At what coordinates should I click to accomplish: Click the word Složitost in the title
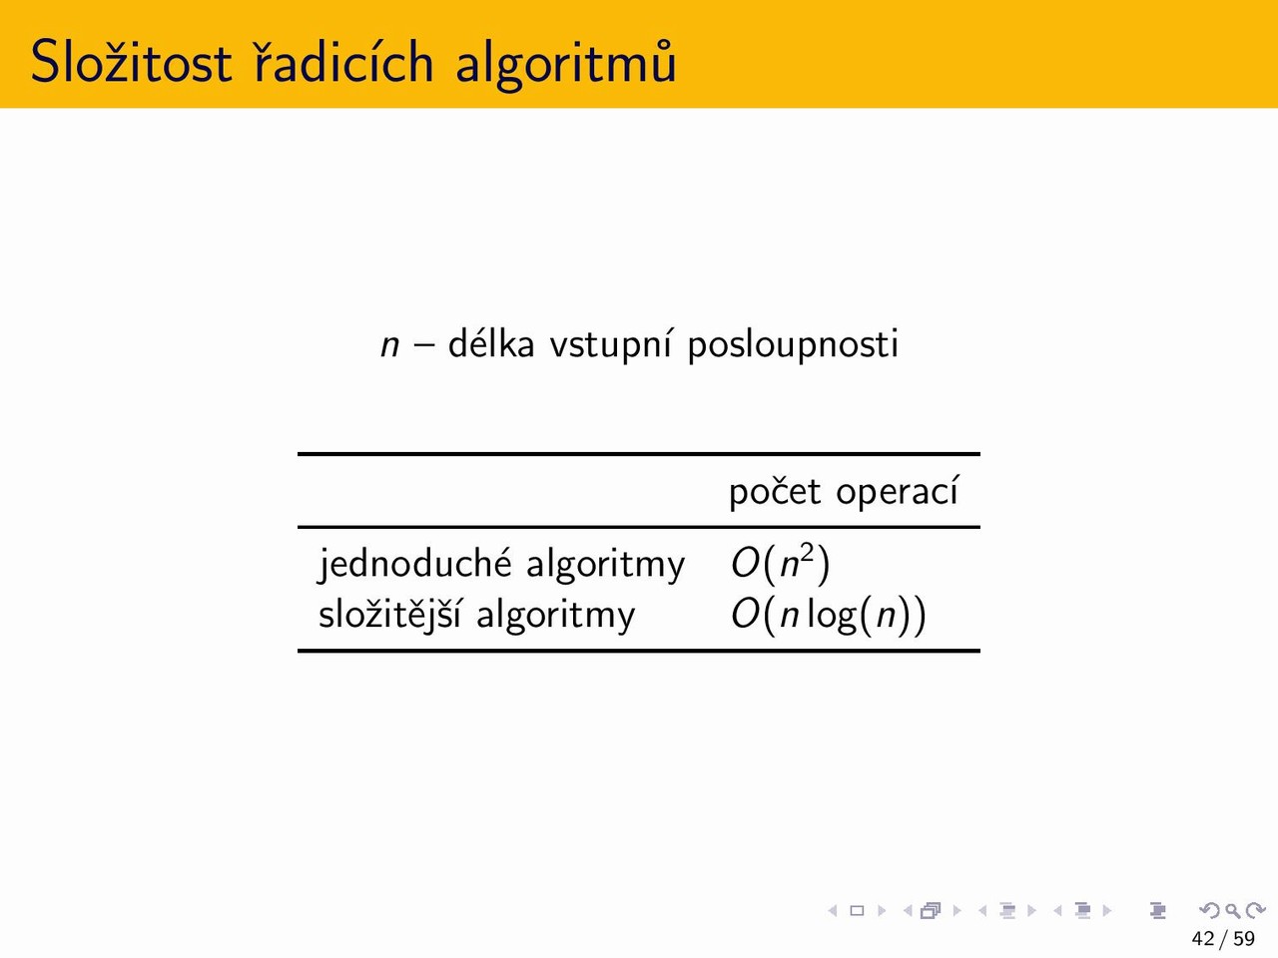point(131,61)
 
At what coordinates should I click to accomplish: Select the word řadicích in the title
point(344,60)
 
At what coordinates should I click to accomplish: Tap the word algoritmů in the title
point(566,64)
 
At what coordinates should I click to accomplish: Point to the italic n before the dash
point(389,345)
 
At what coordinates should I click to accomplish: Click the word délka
point(491,343)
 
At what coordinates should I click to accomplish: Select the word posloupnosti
point(793,345)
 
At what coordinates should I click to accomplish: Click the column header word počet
point(775,492)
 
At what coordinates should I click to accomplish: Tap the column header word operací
point(897,492)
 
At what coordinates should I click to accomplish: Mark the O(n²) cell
point(780,564)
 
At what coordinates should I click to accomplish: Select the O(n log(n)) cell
point(829,615)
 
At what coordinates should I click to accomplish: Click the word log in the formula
point(832,617)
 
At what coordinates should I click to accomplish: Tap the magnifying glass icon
point(1232,910)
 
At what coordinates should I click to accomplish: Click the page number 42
point(1203,939)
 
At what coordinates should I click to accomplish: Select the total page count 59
point(1244,939)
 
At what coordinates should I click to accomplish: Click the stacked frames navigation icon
point(931,910)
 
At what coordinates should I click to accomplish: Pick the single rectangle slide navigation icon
point(857,910)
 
